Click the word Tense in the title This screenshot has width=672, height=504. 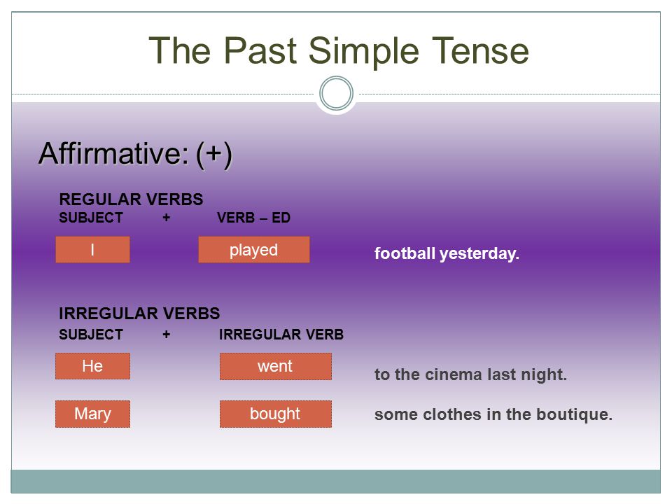tap(480, 50)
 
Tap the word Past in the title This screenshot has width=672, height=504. tap(260, 50)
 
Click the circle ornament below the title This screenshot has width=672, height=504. tap(337, 93)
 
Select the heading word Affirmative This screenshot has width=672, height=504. tap(113, 153)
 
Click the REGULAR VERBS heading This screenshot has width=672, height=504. tap(131, 199)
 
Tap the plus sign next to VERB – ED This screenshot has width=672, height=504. tap(167, 218)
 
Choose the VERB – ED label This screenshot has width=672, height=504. tap(253, 218)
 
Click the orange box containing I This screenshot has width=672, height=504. tap(92, 249)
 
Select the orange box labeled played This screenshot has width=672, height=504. tap(253, 249)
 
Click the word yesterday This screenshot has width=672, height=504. tap(479, 253)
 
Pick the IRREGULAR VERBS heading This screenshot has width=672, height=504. tap(139, 314)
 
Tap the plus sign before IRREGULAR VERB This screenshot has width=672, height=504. tap(167, 335)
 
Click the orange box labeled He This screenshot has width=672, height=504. tap(92, 366)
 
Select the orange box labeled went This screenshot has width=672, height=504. tap(276, 366)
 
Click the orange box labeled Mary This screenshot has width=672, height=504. tap(92, 414)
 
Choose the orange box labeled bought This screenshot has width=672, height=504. tap(276, 414)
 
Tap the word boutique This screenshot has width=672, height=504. tap(574, 415)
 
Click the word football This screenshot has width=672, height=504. tap(405, 253)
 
